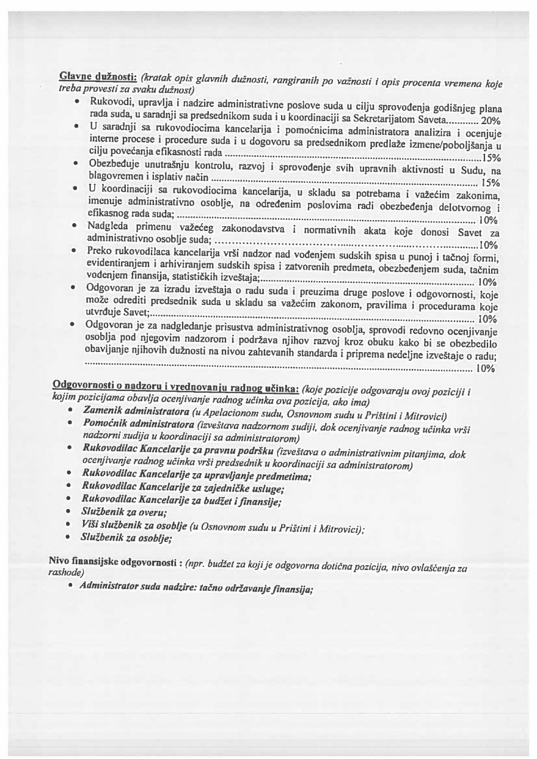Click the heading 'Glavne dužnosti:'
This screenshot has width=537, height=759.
tap(98, 78)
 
